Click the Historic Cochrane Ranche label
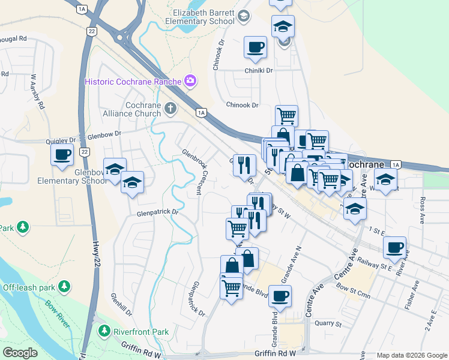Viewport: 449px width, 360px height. pos(133,82)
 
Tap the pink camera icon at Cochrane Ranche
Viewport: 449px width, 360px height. pos(190,80)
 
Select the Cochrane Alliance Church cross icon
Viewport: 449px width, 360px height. pos(171,109)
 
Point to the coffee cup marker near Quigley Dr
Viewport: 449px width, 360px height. pos(62,155)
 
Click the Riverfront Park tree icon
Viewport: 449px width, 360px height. pos(104,331)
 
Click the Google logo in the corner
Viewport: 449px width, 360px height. pos(20,353)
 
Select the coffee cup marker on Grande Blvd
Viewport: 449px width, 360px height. pos(280,295)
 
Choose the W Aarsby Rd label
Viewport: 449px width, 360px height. pos(38,91)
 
